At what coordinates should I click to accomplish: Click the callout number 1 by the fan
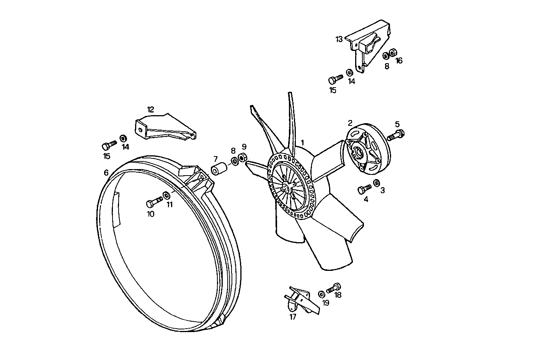pyautogui.click(x=302, y=142)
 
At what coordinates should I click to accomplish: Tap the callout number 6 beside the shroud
pyautogui.click(x=106, y=173)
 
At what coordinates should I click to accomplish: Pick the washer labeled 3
pyautogui.click(x=377, y=182)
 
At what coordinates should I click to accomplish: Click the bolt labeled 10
pyautogui.click(x=154, y=201)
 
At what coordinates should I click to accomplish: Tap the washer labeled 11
pyautogui.click(x=166, y=195)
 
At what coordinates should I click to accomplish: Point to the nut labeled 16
pyautogui.click(x=392, y=53)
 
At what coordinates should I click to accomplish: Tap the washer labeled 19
pyautogui.click(x=321, y=294)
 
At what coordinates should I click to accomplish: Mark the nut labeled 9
pyautogui.click(x=242, y=157)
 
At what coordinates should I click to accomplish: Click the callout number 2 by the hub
pyautogui.click(x=350, y=123)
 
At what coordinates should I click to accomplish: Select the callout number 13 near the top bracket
pyautogui.click(x=339, y=39)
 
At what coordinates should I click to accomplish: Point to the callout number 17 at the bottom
pyautogui.click(x=293, y=317)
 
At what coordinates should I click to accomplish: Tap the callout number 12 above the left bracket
pyautogui.click(x=150, y=110)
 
